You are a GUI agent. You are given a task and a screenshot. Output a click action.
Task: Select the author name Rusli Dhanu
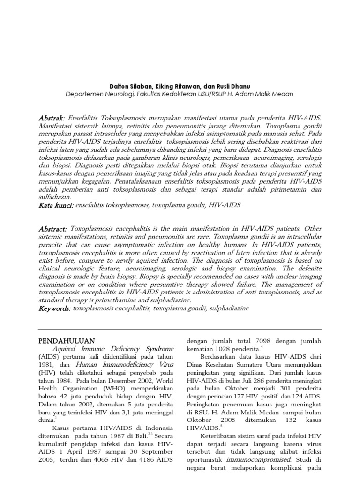(223, 86)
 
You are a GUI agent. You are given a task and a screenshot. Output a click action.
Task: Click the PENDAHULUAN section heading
(66, 341)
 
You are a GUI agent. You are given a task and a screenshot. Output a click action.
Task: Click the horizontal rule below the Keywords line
(180, 329)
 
